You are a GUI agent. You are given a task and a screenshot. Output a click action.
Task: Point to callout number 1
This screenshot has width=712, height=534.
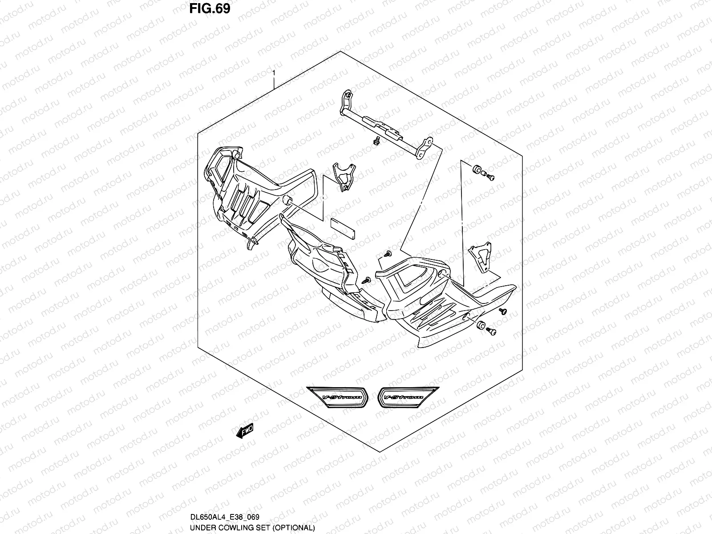274,73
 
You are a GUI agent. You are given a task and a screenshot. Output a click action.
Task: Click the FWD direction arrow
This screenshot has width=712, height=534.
245,431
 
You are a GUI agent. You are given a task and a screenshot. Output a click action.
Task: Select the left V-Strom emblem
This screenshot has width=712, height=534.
338,397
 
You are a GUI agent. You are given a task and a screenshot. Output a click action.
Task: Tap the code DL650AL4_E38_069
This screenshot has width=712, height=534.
224,517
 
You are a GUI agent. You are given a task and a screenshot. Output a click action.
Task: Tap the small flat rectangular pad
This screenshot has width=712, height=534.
342,228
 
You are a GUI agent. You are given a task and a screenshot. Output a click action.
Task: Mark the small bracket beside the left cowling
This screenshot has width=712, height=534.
344,177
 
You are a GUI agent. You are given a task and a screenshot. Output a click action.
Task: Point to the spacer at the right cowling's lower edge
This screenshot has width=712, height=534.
480,325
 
